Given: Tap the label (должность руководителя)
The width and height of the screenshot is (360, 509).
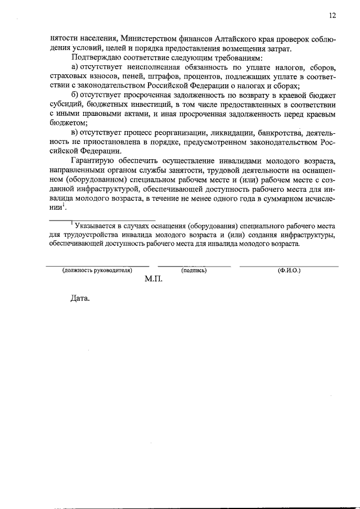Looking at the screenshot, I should tap(97, 270).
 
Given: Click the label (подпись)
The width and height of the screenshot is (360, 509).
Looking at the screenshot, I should tap(194, 270).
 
